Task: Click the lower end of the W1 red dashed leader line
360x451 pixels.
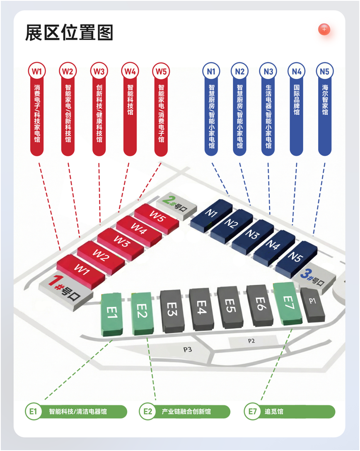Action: pos(60,250)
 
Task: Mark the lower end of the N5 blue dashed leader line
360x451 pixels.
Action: pos(313,235)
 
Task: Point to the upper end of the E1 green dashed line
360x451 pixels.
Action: pos(112,340)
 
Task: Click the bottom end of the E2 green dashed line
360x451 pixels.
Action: pos(156,400)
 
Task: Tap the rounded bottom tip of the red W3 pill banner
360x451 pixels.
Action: pos(99,156)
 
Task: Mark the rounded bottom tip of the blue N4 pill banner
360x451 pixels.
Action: pos(297,156)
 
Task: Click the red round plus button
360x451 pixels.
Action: pos(324,29)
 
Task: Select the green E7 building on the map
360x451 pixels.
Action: pos(288,303)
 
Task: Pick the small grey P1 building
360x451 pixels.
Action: pos(312,305)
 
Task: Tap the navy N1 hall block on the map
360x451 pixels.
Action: pos(211,215)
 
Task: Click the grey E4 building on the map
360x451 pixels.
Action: pos(202,309)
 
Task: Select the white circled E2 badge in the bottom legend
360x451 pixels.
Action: pos(147,412)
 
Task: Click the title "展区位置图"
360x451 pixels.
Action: pos(69,32)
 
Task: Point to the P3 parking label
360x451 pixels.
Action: pos(188,349)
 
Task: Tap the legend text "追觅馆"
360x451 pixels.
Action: pos(274,412)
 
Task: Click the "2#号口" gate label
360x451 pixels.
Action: pos(176,203)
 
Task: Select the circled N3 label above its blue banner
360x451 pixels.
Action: pos(268,71)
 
